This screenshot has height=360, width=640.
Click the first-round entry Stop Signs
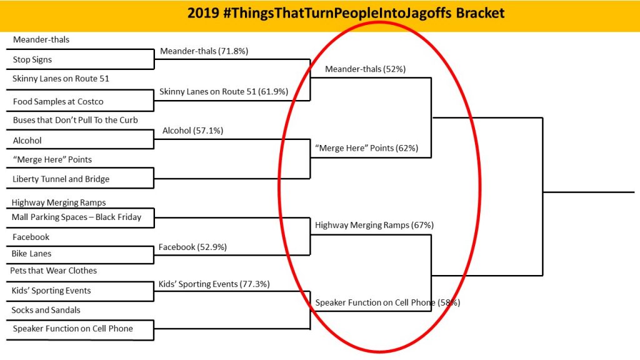point(32,59)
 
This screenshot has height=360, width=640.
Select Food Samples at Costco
point(58,101)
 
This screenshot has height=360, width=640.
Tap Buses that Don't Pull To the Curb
point(75,120)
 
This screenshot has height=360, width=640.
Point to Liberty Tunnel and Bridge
point(61,179)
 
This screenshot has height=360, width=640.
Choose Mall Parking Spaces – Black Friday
point(76,217)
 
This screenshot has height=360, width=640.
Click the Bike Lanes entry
point(31,254)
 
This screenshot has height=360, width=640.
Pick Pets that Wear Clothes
point(54,271)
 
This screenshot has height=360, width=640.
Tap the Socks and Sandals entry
point(46,310)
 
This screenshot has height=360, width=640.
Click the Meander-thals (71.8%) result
point(204,51)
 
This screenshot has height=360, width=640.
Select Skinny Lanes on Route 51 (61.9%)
point(224,91)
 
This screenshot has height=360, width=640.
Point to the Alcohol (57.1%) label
point(192,131)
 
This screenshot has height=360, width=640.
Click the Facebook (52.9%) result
point(192,247)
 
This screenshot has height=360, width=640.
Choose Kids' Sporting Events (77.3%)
point(214,284)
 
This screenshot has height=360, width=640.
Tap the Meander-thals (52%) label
point(365,69)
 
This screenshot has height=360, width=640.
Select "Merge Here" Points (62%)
point(366,147)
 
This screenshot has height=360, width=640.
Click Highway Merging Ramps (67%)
point(374,225)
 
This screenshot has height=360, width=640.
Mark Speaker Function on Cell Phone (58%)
point(387,302)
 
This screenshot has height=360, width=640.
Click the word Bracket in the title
point(480,13)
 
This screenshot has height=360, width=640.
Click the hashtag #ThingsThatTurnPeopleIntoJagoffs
point(337,14)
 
